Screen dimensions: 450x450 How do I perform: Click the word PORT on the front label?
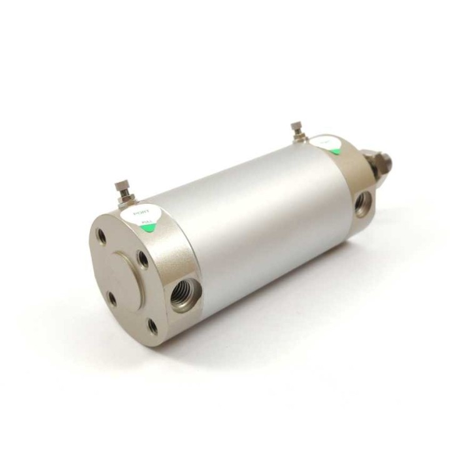pos(145,213)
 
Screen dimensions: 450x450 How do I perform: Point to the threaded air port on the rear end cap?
pos(363,204)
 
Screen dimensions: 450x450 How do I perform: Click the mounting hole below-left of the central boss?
pos(112,299)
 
